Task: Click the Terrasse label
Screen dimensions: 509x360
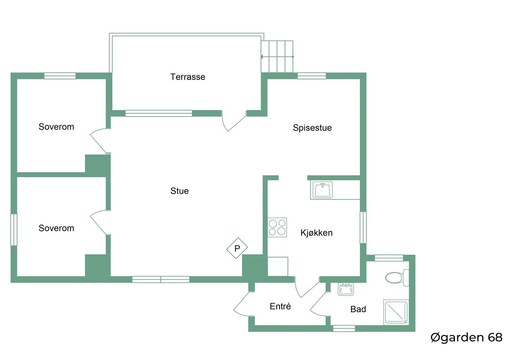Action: coord(188,77)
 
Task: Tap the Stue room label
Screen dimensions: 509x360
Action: coord(180,191)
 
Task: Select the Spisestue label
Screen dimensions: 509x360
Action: coord(312,128)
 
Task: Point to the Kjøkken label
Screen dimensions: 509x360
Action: coord(317,233)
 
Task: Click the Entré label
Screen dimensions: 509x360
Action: coord(280,306)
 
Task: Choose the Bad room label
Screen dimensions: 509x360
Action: coord(358,309)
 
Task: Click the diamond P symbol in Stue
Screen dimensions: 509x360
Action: coord(237,248)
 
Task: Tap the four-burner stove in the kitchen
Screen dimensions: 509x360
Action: coord(277,227)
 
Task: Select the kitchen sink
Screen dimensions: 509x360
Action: coord(322,189)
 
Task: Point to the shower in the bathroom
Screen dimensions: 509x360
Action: coord(396,312)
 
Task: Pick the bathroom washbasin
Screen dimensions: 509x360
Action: coord(346,289)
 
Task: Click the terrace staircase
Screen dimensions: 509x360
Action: coord(277,56)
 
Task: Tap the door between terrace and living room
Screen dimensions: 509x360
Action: coord(234,121)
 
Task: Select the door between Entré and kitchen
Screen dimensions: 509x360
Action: coord(307,287)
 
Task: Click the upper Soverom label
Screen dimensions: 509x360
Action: coord(56,127)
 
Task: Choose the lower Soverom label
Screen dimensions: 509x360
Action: coord(56,228)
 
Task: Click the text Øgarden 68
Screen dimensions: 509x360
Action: coord(466,337)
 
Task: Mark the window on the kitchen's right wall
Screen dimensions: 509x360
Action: coord(363,227)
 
